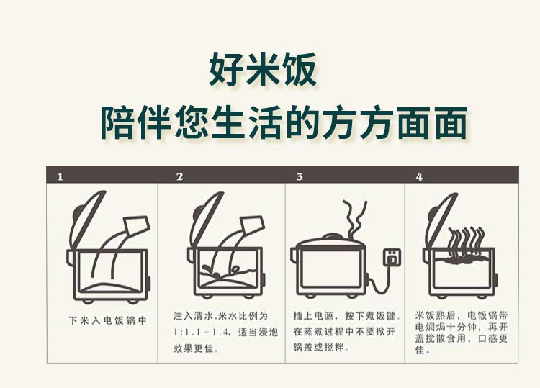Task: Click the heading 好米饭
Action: click(x=263, y=69)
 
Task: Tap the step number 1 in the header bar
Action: click(x=60, y=177)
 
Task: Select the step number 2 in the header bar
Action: click(x=179, y=176)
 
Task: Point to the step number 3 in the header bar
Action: click(x=300, y=176)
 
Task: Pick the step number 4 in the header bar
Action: click(x=419, y=177)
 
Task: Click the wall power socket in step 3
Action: click(x=392, y=257)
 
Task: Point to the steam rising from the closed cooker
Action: click(x=356, y=217)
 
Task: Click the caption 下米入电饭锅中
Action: click(x=108, y=320)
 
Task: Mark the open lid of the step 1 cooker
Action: click(x=87, y=220)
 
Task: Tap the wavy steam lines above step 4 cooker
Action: click(x=467, y=243)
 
